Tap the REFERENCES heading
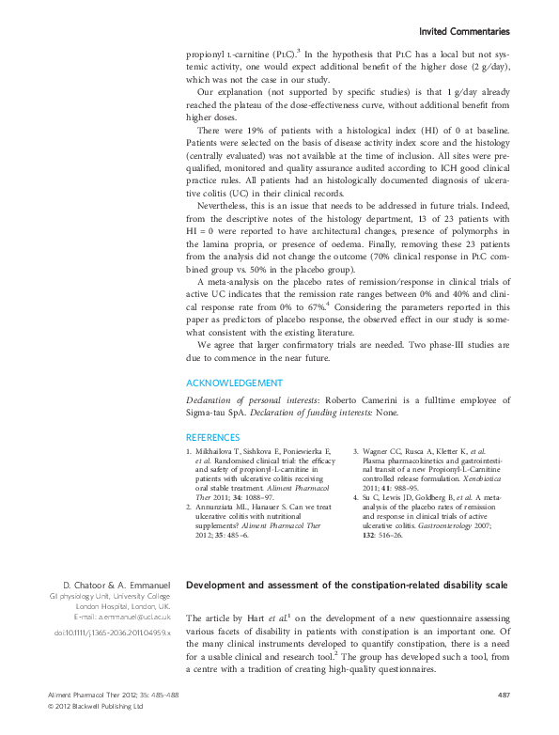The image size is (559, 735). (x=212, y=437)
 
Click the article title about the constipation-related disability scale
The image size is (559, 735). (x=347, y=586)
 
